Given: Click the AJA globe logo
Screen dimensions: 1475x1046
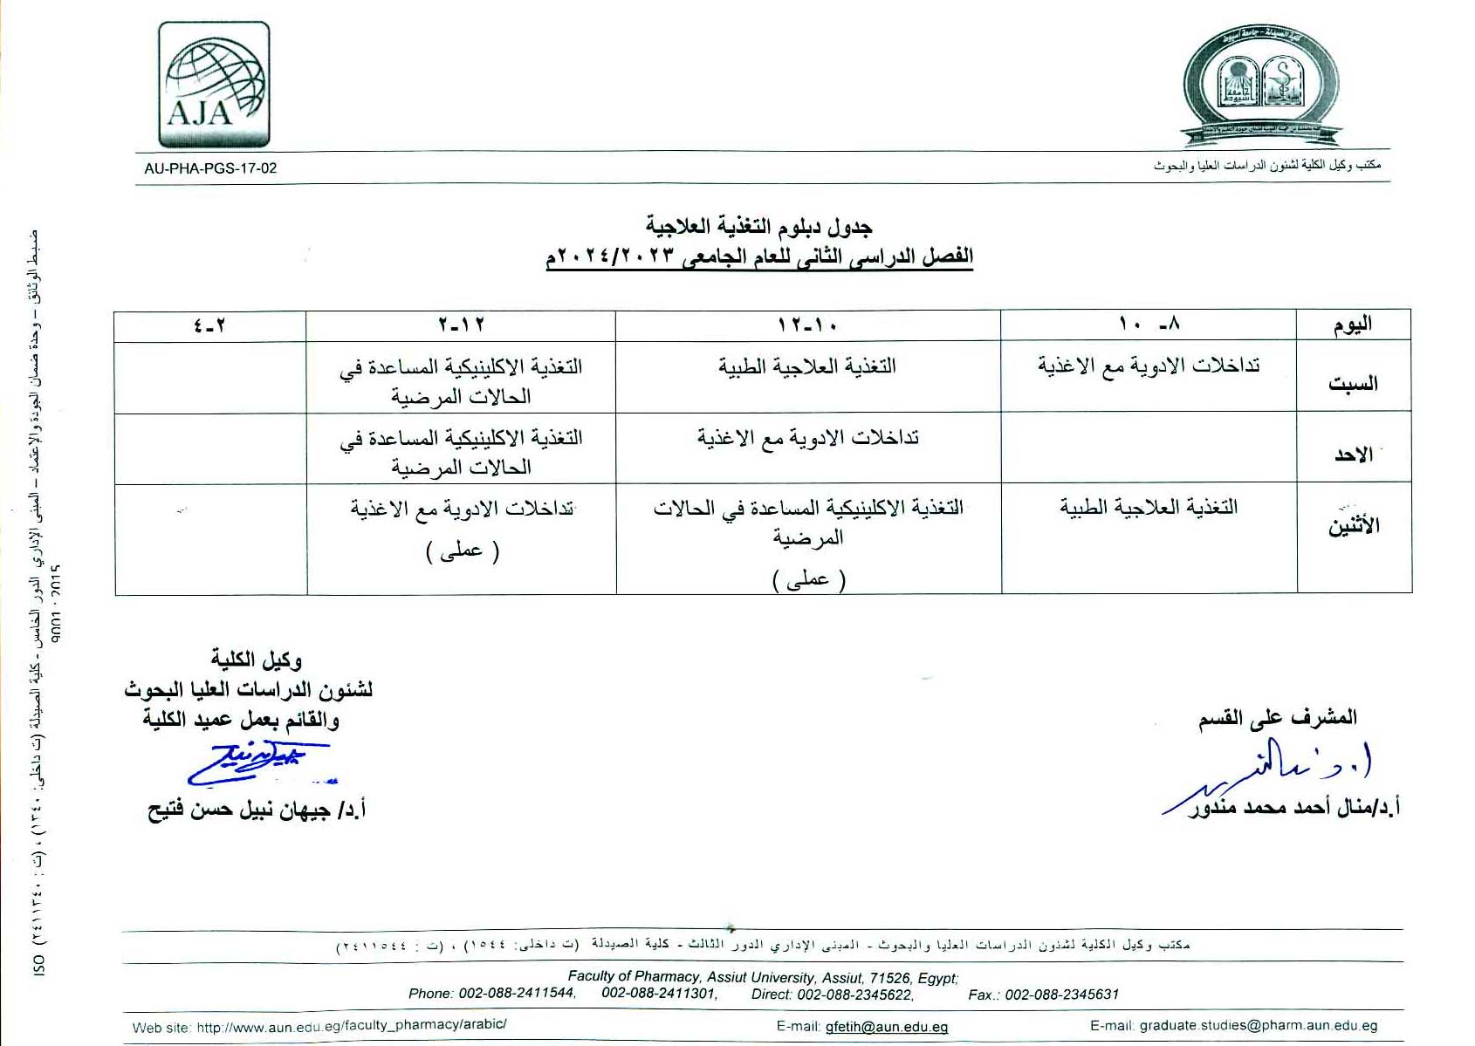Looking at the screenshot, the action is (x=214, y=85).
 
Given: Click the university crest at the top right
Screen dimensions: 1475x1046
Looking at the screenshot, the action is (x=1261, y=85).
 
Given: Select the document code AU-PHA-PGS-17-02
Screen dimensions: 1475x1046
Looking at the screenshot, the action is (x=210, y=168).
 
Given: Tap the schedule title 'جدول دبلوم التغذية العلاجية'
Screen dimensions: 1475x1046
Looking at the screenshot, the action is (x=759, y=227).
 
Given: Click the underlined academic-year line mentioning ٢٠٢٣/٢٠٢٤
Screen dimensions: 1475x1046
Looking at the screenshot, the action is (x=759, y=256).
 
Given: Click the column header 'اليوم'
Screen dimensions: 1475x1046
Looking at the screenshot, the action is (x=1353, y=325).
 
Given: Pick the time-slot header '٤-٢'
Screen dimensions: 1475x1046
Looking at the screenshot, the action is (x=209, y=325).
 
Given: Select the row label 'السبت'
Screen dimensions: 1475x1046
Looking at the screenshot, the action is (x=1353, y=383).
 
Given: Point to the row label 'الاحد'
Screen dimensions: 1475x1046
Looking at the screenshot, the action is (x=1353, y=455).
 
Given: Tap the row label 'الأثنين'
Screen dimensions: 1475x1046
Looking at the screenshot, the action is (x=1354, y=526).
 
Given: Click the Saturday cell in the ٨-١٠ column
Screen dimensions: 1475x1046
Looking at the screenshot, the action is (x=1149, y=366).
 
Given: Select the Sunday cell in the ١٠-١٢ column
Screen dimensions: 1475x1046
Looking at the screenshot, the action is (x=808, y=438).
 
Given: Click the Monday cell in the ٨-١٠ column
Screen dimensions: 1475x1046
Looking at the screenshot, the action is (x=1149, y=507).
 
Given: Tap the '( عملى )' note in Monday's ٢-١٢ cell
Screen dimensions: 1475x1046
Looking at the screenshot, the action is (x=462, y=551).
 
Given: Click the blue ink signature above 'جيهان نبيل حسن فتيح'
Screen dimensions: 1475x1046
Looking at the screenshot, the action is (x=257, y=762).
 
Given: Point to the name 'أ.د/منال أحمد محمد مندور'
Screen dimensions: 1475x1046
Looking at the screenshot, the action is (x=1294, y=808).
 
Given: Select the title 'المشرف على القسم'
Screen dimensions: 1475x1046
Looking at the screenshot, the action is (x=1277, y=718).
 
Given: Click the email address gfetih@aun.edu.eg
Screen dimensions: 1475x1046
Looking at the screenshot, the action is (x=886, y=1027).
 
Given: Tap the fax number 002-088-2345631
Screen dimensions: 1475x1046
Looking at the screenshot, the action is (x=1061, y=995).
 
